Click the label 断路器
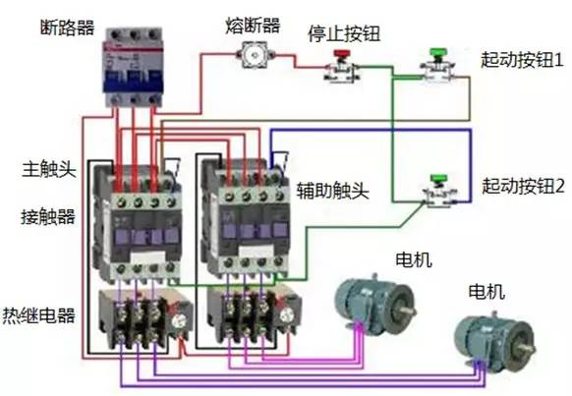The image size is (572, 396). [x=67, y=28]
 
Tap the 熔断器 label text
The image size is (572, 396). [x=253, y=26]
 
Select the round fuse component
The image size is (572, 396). [x=255, y=55]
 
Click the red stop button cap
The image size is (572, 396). [x=341, y=54]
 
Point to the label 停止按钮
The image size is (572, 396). [x=344, y=34]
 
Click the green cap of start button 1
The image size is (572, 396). [x=437, y=52]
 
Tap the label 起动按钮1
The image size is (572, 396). [x=522, y=59]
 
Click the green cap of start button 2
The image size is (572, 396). [x=438, y=179]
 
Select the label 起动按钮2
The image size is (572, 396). [x=523, y=186]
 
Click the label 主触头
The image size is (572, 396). [x=49, y=169]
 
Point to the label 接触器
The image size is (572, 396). [x=48, y=216]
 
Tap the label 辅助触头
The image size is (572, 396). [x=332, y=191]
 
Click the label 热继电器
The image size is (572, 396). [x=39, y=315]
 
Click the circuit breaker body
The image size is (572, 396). [x=133, y=68]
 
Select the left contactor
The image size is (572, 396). [x=138, y=222]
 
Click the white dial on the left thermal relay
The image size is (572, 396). [x=179, y=321]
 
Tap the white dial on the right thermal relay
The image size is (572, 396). [x=287, y=315]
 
